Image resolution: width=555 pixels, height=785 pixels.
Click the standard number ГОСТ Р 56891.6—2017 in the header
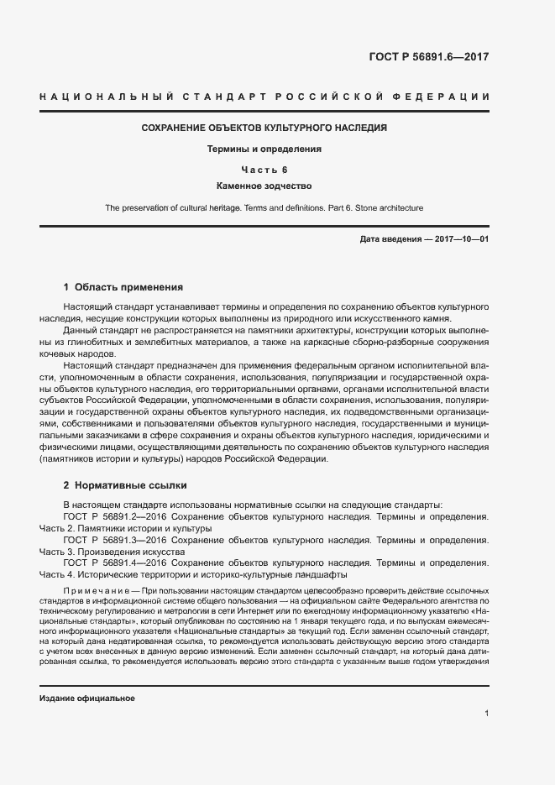click(429, 58)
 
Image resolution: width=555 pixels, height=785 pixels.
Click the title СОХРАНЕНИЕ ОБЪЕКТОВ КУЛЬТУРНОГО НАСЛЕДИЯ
click(264, 128)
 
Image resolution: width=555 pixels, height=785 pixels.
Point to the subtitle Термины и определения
click(264, 149)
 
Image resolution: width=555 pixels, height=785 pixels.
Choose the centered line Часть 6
click(264, 170)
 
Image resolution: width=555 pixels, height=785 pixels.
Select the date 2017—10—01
click(459, 239)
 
